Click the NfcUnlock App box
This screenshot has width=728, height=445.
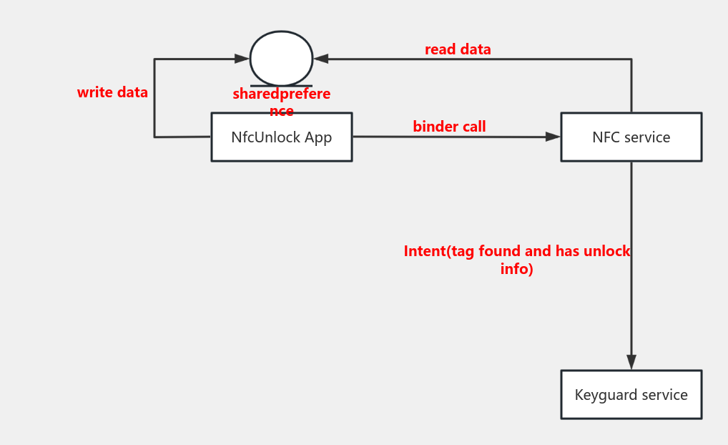281,137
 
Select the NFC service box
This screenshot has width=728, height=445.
631,137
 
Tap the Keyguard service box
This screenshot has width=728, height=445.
631,394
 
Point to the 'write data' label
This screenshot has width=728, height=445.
112,92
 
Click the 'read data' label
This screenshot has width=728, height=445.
458,49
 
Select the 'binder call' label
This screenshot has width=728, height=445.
449,127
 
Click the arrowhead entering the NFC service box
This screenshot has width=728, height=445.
553,137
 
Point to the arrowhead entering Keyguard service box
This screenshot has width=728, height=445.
631,361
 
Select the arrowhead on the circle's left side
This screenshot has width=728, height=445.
242,59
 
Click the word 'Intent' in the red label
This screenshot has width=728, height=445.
425,251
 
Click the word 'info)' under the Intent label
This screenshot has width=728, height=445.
516,270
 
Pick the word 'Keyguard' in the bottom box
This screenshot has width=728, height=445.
601,395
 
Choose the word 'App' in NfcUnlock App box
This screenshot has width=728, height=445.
318,137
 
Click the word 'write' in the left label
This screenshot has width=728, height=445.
94,92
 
